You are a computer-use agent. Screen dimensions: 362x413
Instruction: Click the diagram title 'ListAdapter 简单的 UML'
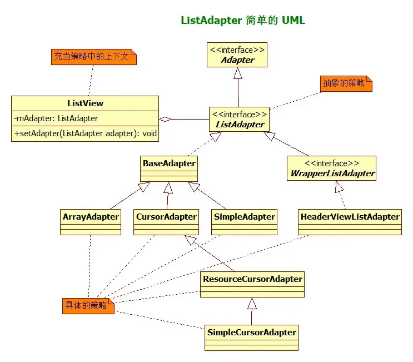pyautogui.click(x=243, y=21)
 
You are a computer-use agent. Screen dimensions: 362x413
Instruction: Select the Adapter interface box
pyautogui.click(x=237, y=54)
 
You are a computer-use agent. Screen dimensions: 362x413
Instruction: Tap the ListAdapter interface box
pyautogui.click(x=238, y=119)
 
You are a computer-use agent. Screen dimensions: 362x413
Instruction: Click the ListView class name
pyautogui.click(x=85, y=103)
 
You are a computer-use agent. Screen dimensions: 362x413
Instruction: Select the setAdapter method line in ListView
pyautogui.click(x=85, y=133)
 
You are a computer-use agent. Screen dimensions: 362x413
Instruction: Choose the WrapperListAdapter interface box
pyautogui.click(x=332, y=169)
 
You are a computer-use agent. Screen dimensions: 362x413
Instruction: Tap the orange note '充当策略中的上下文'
pyautogui.click(x=93, y=56)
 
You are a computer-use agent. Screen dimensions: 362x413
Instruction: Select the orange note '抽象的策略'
pyautogui.click(x=346, y=83)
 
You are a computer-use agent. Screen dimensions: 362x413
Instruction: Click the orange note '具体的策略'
pyautogui.click(x=88, y=305)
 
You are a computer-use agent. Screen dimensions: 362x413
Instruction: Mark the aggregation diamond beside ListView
pyautogui.click(x=165, y=119)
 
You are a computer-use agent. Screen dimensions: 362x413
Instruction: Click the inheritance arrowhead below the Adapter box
pyautogui.click(x=238, y=73)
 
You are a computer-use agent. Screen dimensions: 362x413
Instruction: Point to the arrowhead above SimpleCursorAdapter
pyautogui.click(x=252, y=303)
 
